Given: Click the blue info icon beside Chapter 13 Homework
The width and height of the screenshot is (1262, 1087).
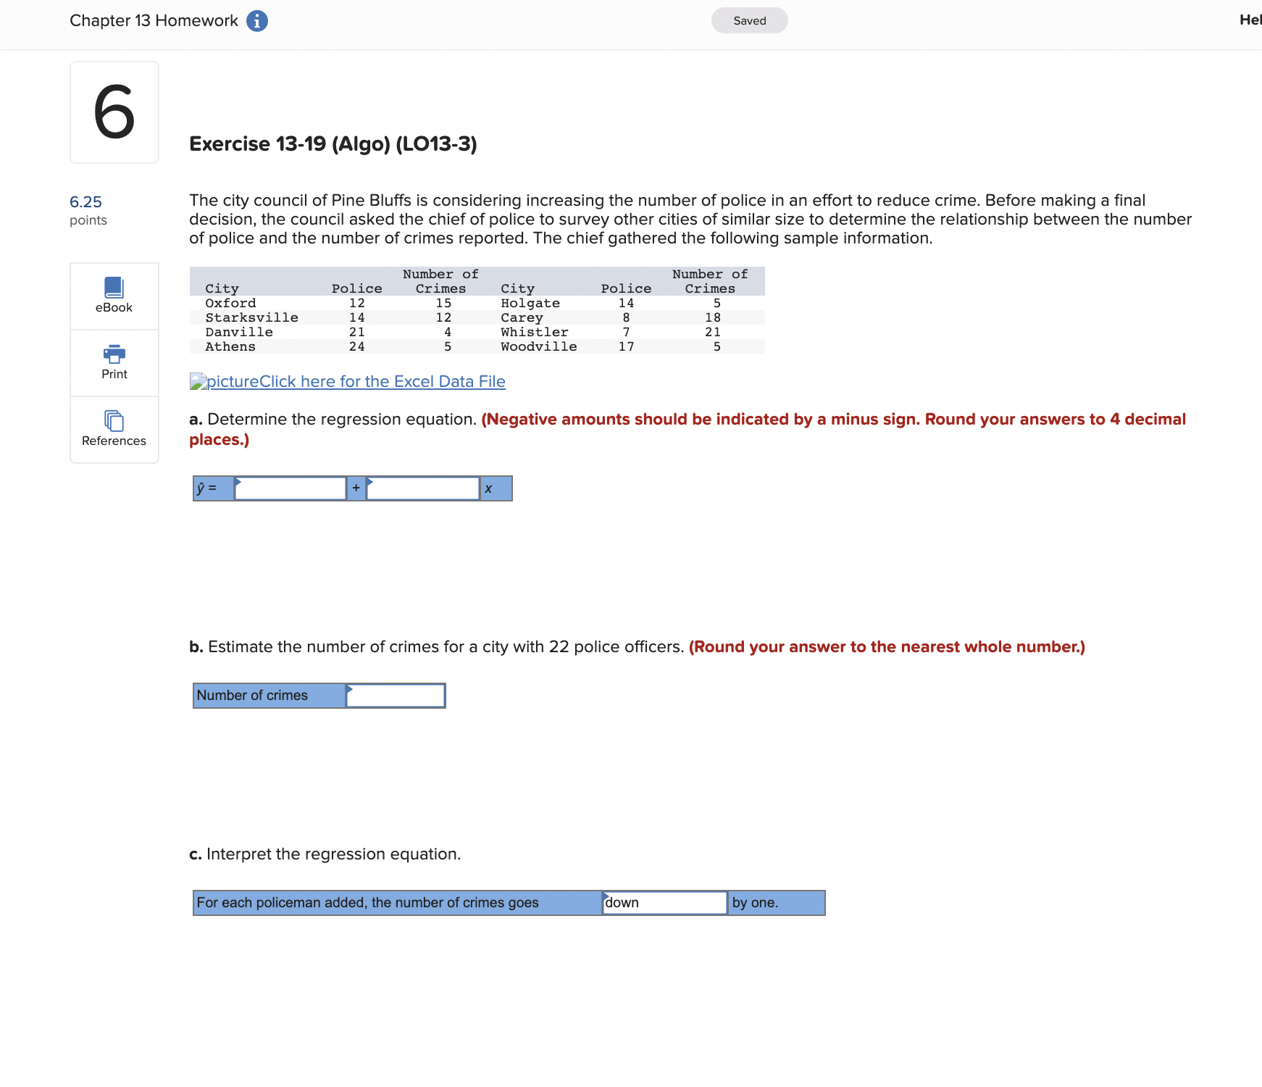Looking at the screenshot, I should (x=256, y=21).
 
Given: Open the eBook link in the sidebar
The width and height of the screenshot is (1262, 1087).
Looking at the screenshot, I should (x=114, y=296).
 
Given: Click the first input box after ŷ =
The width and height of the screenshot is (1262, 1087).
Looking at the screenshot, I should (x=290, y=488).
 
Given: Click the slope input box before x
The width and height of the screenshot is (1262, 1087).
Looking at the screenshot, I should (x=423, y=488).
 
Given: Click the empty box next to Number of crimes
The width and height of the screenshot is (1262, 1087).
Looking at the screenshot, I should (x=396, y=696).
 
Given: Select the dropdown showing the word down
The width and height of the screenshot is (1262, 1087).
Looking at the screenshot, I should (x=664, y=903).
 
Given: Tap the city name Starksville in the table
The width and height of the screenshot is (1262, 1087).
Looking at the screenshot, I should (x=251, y=318).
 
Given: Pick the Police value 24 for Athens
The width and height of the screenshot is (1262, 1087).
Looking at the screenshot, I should (x=356, y=347).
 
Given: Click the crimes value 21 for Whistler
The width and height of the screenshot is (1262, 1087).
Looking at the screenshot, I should (x=713, y=333).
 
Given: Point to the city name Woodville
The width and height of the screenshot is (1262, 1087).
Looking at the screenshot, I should (x=538, y=347).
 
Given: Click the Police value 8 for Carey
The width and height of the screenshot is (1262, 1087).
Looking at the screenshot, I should (x=626, y=318).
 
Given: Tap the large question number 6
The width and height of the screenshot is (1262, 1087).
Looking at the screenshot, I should (x=114, y=112).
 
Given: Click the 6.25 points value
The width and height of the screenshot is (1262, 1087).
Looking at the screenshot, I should (x=85, y=202).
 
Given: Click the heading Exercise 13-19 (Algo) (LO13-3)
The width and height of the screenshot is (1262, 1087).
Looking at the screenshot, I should (x=333, y=144).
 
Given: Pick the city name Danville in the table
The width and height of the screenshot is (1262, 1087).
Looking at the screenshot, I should (x=239, y=333).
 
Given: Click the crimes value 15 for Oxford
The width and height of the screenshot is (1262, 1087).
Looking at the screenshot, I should (x=443, y=304).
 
